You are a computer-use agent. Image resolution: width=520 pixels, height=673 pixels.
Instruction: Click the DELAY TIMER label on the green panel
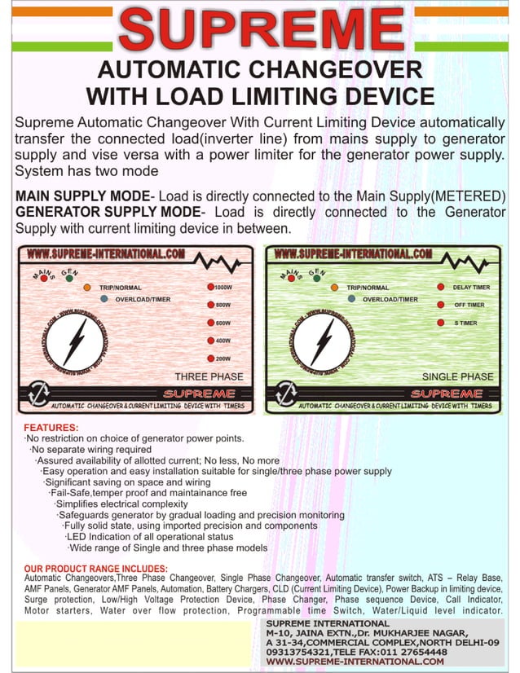[x=471, y=288]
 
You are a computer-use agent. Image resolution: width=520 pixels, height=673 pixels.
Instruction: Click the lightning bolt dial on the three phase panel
[x=75, y=340]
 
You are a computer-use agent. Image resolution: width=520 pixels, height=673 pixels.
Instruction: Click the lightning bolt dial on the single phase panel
[x=323, y=340]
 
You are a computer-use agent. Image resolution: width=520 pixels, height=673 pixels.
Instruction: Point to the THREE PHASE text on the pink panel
[x=209, y=376]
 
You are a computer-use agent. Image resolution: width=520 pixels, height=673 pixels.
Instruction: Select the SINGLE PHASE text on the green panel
[x=457, y=376]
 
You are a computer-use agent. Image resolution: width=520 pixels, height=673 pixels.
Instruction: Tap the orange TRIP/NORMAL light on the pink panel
[x=87, y=288]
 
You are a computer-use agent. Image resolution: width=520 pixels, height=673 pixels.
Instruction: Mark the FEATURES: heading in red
[x=51, y=428]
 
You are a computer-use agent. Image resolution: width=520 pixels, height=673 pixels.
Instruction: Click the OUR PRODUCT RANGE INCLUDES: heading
[x=95, y=568]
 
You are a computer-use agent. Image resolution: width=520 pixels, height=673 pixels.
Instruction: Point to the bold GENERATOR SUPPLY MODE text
[x=106, y=212]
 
